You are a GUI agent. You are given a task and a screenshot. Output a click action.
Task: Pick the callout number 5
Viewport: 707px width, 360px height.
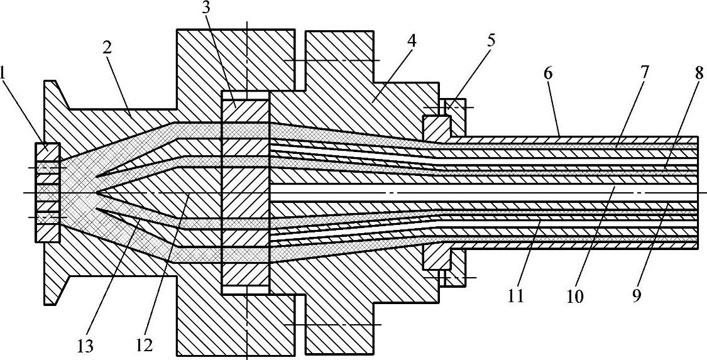tap(491, 40)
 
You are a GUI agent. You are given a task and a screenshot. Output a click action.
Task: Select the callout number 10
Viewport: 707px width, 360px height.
tap(575, 295)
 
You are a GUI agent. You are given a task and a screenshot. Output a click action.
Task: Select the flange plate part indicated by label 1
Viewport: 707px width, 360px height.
tap(48, 192)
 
